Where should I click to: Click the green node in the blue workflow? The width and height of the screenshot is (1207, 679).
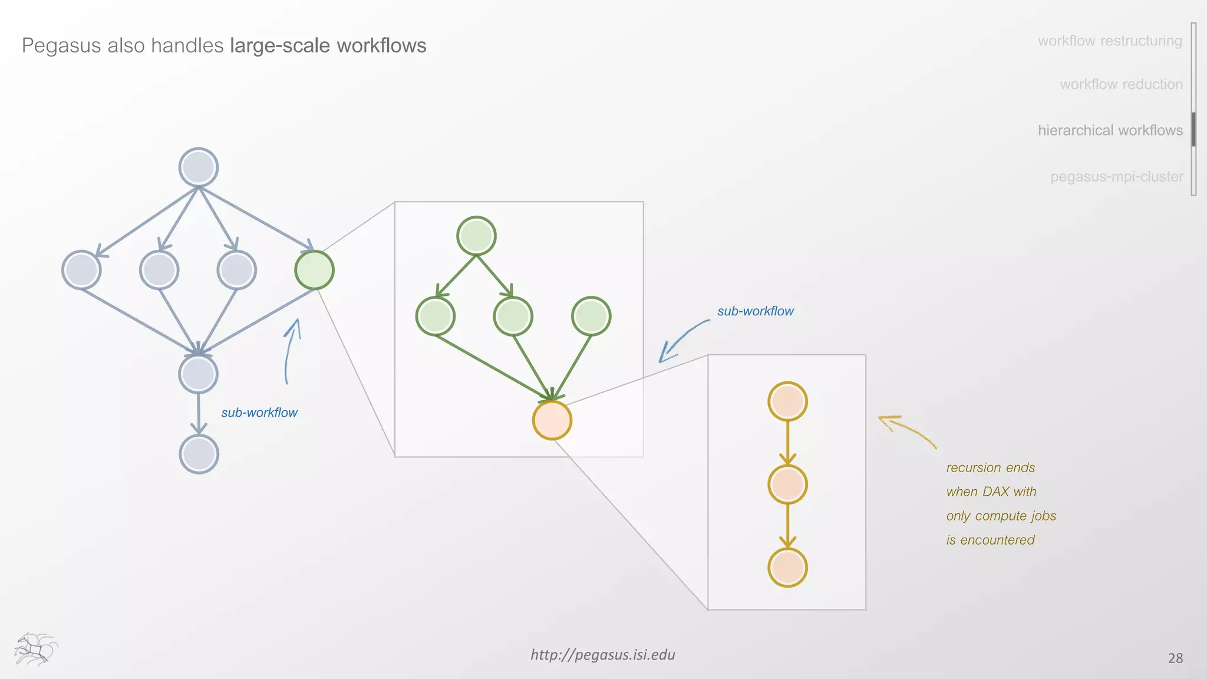314,270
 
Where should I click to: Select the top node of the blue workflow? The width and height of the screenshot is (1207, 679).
199,167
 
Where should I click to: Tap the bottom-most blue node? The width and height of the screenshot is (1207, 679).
199,454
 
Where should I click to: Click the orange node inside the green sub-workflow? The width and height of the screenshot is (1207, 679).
552,420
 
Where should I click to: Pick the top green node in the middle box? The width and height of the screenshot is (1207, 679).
476,236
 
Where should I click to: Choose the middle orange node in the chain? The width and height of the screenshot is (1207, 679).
787,484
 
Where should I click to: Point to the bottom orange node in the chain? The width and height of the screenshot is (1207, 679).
787,568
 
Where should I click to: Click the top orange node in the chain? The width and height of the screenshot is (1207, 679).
787,401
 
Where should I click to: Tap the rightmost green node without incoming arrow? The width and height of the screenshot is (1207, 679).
591,316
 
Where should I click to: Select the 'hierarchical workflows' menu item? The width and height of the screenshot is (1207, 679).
1110,130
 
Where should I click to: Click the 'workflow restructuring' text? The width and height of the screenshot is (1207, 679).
1110,41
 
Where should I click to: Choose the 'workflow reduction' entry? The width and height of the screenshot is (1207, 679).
1121,84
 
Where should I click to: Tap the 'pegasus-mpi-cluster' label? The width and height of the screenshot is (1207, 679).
1116,176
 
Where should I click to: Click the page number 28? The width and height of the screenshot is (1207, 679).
1175,658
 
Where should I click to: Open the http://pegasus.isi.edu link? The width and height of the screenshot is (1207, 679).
602,655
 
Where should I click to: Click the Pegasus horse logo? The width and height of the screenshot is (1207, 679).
35,649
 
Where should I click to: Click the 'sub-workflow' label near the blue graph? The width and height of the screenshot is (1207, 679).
259,413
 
